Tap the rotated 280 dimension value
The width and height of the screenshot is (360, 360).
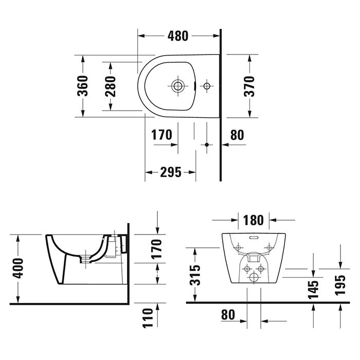(x=110, y=85)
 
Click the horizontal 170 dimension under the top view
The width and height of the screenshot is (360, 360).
(x=161, y=135)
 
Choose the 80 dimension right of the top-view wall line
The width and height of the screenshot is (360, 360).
(x=237, y=135)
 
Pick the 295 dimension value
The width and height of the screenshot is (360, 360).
(x=171, y=172)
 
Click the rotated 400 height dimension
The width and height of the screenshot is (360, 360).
(x=18, y=268)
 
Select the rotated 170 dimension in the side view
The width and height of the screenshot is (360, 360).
(x=157, y=249)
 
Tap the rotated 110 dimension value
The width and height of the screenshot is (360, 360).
(x=149, y=318)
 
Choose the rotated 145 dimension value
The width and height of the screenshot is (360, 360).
(x=314, y=288)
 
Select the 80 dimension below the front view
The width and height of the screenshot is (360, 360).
(x=228, y=314)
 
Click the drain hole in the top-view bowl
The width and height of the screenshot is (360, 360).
(x=178, y=85)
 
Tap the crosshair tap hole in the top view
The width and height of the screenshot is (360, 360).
(x=207, y=85)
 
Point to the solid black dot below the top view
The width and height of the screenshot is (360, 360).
(x=207, y=145)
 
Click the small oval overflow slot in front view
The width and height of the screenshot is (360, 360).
(x=253, y=238)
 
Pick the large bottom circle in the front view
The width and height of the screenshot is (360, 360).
(x=253, y=278)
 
